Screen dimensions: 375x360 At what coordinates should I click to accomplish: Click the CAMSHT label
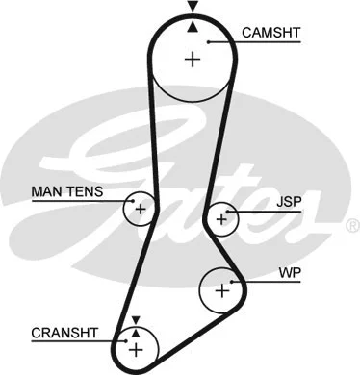pos(270,33)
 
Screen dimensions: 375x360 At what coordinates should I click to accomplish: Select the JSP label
pos(288,203)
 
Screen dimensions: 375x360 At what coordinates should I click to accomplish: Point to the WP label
pos(290,274)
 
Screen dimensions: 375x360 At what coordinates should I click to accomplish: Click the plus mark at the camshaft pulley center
pos(193,60)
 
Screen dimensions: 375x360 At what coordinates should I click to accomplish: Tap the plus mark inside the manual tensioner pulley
pos(141,208)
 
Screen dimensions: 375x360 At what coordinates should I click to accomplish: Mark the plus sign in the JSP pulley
pos(223,218)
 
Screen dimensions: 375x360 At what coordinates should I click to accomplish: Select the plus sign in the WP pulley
pos(223,287)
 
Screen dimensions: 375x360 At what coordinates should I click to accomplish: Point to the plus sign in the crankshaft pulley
pos(136,346)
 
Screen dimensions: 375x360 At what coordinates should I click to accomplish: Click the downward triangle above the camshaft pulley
pos(193,7)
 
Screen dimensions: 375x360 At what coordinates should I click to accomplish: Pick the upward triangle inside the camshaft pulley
pos(193,27)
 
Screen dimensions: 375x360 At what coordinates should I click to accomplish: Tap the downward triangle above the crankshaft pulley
pos(136,319)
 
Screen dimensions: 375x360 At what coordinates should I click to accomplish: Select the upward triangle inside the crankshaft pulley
pos(136,332)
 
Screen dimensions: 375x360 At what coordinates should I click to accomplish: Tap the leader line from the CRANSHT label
pos(111,338)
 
